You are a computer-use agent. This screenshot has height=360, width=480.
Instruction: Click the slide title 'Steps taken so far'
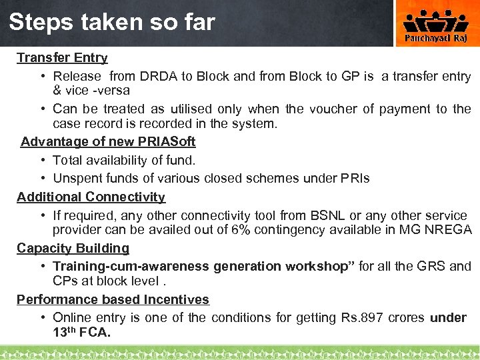(112, 23)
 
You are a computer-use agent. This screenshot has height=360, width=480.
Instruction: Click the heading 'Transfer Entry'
(62, 58)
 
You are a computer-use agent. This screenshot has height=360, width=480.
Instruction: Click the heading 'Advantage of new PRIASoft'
(108, 141)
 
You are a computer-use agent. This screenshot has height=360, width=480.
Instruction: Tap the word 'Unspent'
(79, 179)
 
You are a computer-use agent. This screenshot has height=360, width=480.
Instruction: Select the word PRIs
(355, 179)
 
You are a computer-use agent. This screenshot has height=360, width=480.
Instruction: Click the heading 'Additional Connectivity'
(91, 197)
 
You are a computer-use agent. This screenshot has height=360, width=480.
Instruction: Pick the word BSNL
(327, 215)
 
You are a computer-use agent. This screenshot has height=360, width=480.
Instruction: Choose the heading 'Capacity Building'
(73, 248)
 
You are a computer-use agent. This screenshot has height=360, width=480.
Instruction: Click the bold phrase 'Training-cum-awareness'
(131, 267)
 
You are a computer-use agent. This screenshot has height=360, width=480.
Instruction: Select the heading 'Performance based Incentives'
(113, 299)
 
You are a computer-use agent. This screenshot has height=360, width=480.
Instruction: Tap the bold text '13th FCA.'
(81, 332)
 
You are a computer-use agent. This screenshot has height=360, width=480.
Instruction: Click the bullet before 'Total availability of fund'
(43, 160)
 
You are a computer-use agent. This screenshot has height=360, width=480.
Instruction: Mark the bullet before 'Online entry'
(43, 318)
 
